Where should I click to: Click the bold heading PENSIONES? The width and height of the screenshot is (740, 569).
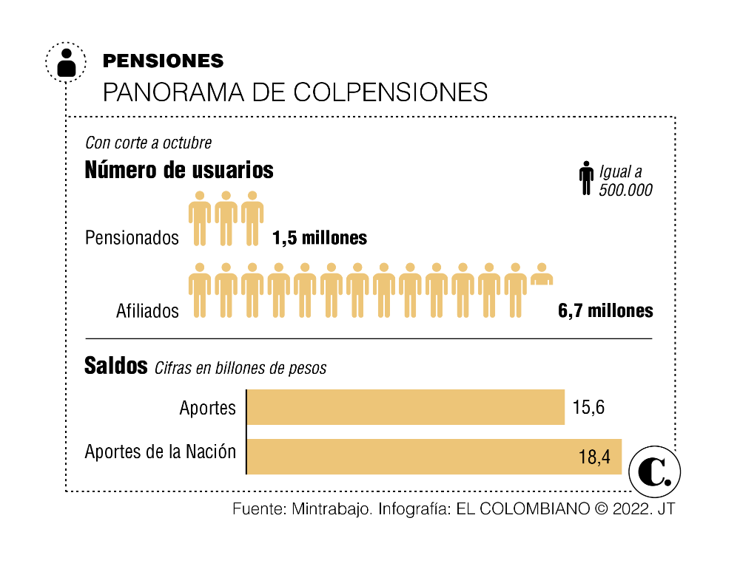tap(163, 61)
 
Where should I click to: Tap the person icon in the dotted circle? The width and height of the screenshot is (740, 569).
tap(66, 61)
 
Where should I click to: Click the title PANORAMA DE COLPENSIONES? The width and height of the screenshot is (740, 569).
tap(295, 92)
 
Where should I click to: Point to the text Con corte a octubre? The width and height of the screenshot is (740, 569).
tap(148, 143)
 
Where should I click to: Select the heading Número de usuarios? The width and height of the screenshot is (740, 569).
tap(179, 171)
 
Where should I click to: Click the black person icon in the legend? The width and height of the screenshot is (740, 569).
tap(586, 180)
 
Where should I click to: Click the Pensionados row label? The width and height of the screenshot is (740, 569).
tap(132, 238)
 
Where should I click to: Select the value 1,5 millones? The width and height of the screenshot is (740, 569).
tap(320, 238)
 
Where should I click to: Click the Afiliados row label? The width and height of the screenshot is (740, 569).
tap(147, 311)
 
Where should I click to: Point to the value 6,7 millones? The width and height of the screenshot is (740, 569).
tap(605, 310)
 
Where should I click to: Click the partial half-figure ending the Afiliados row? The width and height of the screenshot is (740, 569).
tap(542, 274)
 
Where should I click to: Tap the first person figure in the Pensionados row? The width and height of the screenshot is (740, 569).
tap(199, 219)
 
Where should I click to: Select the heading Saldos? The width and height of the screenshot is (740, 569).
tap(116, 366)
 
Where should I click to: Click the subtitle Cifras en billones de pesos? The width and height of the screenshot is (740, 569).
tap(240, 368)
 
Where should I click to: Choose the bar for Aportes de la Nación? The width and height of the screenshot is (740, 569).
tap(434, 456)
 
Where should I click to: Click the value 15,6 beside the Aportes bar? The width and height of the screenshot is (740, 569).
tap(589, 408)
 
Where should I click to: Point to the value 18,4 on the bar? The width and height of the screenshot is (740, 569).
tap(594, 457)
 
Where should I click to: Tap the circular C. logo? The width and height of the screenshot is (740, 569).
tap(654, 470)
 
